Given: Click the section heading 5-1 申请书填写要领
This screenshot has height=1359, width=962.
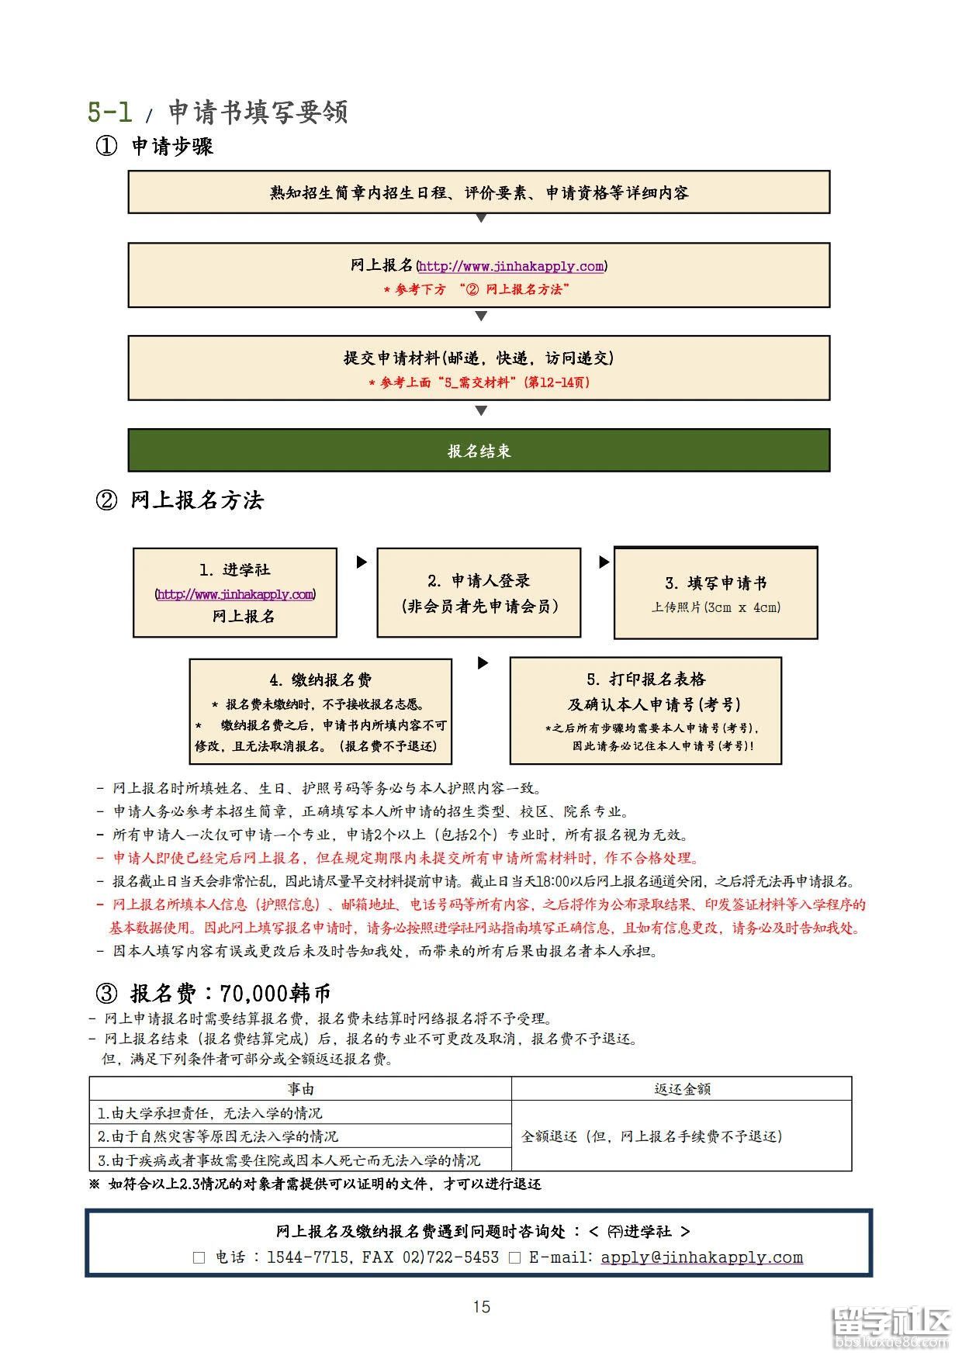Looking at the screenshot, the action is (217, 112).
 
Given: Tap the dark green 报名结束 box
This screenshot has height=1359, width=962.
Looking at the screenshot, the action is (479, 450).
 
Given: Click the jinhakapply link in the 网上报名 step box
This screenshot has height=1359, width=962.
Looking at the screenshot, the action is (511, 266).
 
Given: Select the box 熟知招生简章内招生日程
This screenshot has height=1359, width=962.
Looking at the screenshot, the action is (479, 192).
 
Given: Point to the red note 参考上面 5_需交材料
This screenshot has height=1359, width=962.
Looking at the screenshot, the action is (479, 382).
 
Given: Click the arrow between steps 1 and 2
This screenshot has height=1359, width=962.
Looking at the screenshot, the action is (362, 562).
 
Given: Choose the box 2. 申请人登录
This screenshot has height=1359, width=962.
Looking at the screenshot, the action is (479, 593).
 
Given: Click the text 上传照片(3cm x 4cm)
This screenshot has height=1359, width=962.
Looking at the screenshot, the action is (716, 607).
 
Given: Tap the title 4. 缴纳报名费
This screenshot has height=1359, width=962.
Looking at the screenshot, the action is (320, 680).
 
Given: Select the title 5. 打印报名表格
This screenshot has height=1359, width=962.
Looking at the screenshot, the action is (646, 679).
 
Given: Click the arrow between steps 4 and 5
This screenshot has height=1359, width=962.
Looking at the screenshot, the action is (483, 663).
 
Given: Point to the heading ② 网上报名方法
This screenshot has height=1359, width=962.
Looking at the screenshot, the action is (179, 500).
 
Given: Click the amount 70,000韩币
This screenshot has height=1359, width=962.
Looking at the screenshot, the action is (275, 993).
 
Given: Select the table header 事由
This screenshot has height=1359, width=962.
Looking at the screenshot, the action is (300, 1088).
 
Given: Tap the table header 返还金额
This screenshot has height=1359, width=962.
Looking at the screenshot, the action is (682, 1088).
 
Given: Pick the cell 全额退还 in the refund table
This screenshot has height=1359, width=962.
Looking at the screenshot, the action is (682, 1136).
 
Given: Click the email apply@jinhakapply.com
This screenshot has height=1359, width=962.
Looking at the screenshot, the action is (702, 1257).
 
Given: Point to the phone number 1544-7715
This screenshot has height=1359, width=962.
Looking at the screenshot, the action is (308, 1257).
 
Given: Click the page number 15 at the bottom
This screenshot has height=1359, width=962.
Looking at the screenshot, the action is (482, 1307).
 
